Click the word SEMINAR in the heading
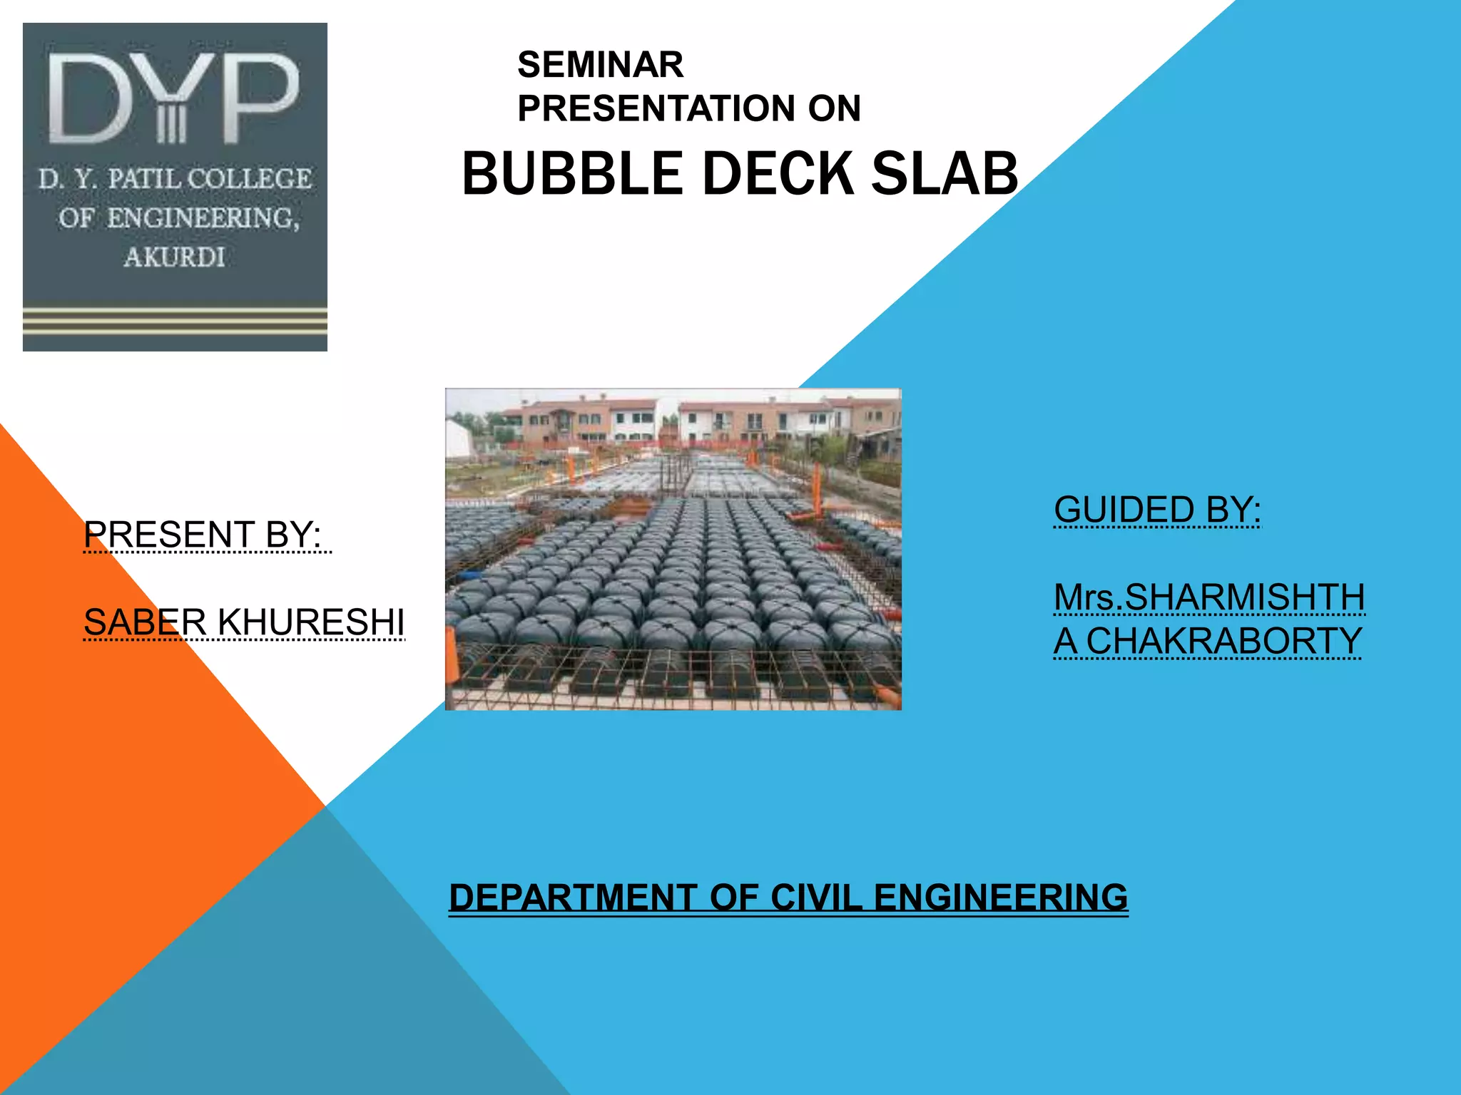[x=600, y=65]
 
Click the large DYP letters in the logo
[x=173, y=100]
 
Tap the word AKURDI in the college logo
[x=175, y=257]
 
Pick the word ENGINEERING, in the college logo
[x=203, y=217]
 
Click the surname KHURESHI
[x=311, y=622]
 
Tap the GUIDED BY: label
[x=1157, y=510]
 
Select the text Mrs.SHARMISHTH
[x=1209, y=597]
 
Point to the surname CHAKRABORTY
[x=1223, y=641]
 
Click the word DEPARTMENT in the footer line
[x=573, y=897]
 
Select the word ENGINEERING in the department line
[x=1000, y=897]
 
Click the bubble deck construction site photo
[x=673, y=549]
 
